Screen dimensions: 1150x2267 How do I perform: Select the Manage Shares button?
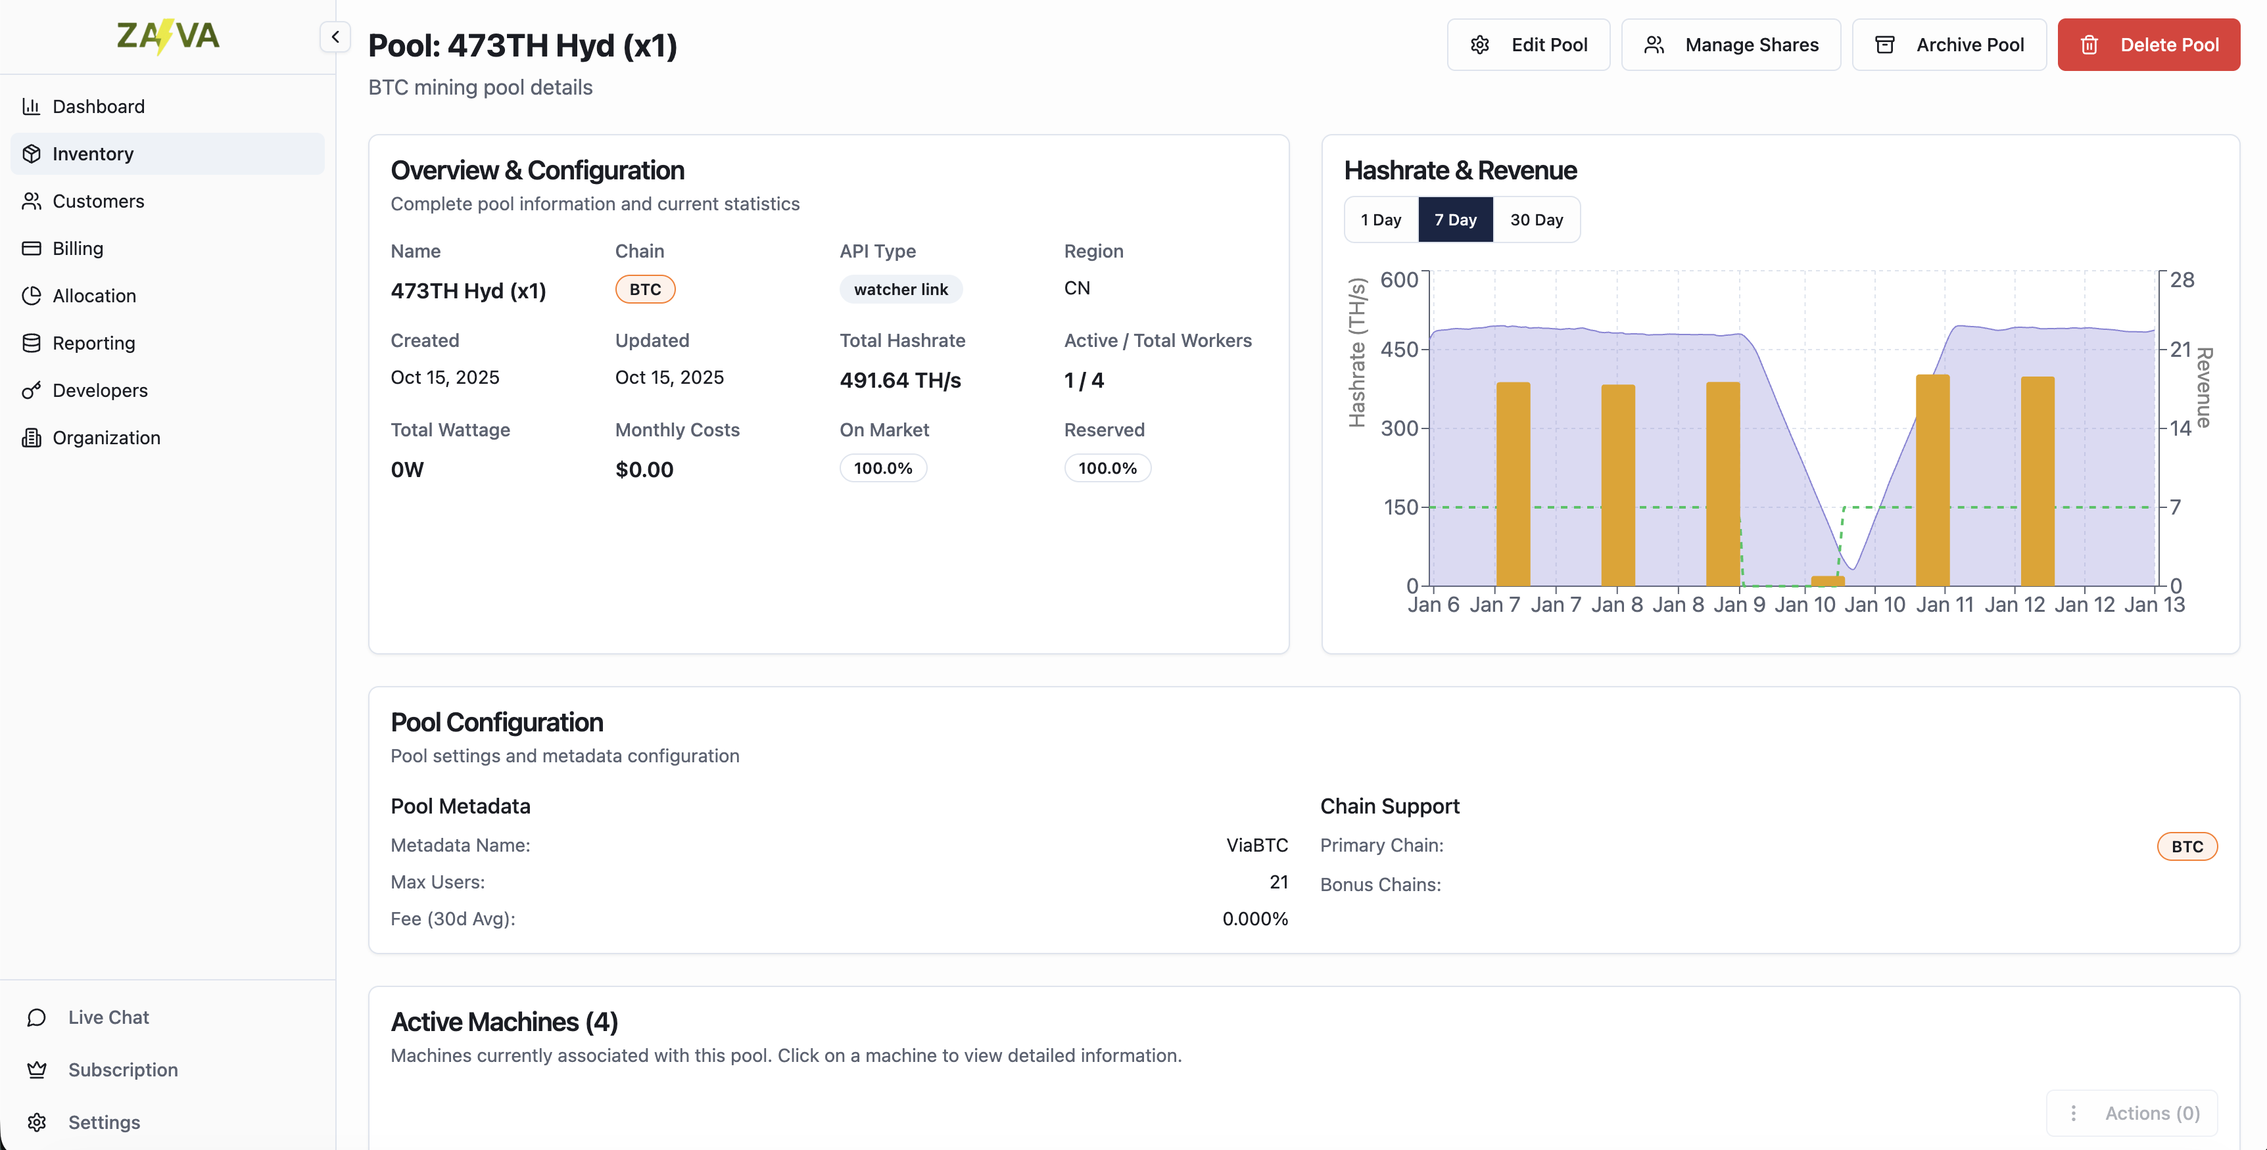(x=1730, y=45)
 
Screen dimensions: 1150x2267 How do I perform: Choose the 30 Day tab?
(x=1536, y=220)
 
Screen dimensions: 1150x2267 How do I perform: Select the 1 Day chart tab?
(x=1380, y=220)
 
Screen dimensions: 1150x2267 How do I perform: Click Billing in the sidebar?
(x=78, y=249)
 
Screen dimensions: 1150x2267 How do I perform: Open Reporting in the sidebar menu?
(x=93, y=343)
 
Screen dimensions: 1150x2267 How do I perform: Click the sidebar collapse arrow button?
(x=335, y=37)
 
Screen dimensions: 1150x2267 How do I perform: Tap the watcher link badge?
(x=900, y=290)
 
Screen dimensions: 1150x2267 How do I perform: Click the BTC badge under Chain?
(x=644, y=290)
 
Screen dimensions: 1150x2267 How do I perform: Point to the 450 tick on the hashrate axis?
(x=1398, y=350)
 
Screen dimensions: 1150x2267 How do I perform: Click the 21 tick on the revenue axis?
(x=2180, y=350)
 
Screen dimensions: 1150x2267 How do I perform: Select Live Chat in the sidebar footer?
(x=108, y=1018)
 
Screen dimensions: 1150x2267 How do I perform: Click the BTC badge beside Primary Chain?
(x=2186, y=846)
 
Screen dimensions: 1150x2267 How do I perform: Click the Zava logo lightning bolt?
(x=163, y=37)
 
